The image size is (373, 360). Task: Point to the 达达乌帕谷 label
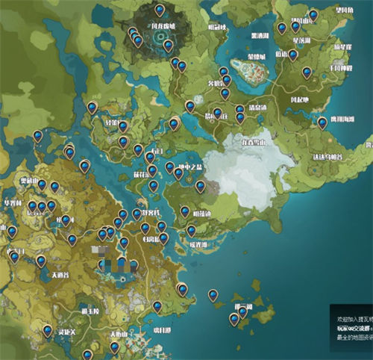329,157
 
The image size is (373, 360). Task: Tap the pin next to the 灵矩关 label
47,330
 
